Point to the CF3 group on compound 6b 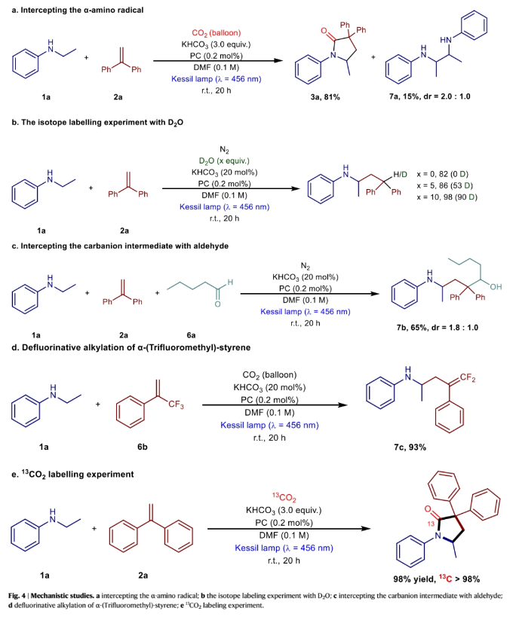point(180,408)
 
